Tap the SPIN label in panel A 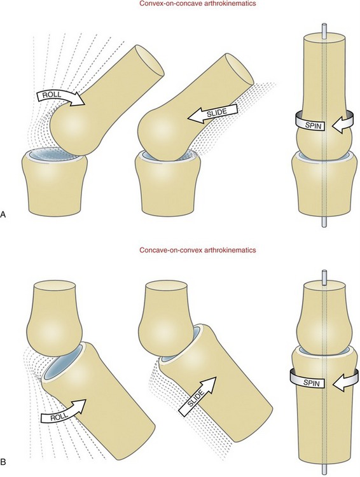click(x=312, y=125)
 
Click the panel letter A click(x=3, y=214)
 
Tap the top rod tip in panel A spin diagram click(x=324, y=25)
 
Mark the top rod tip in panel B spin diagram click(x=324, y=272)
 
